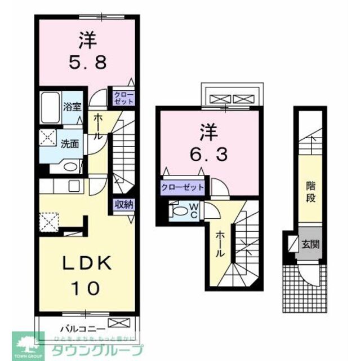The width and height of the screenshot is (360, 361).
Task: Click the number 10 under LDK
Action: [86, 288]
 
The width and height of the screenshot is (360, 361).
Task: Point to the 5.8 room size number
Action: [86, 59]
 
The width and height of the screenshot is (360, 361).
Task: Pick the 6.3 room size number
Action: [208, 153]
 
